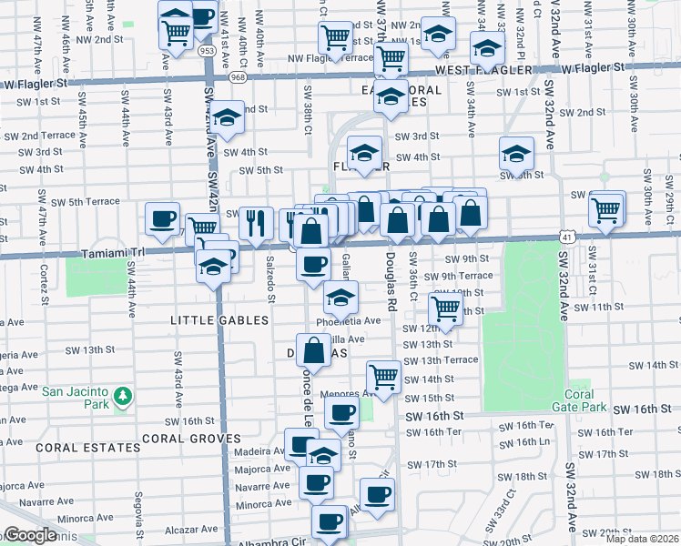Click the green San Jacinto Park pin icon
[x=122, y=397]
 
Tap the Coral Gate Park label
[x=584, y=400]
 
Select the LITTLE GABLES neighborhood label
[x=220, y=320]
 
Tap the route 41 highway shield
[x=566, y=237]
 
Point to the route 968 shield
[x=239, y=77]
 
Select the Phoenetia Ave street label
[x=349, y=321]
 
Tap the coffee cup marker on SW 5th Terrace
[x=163, y=219]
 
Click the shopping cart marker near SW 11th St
[x=445, y=309]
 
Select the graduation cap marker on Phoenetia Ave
[x=340, y=297]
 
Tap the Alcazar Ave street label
[x=192, y=529]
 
